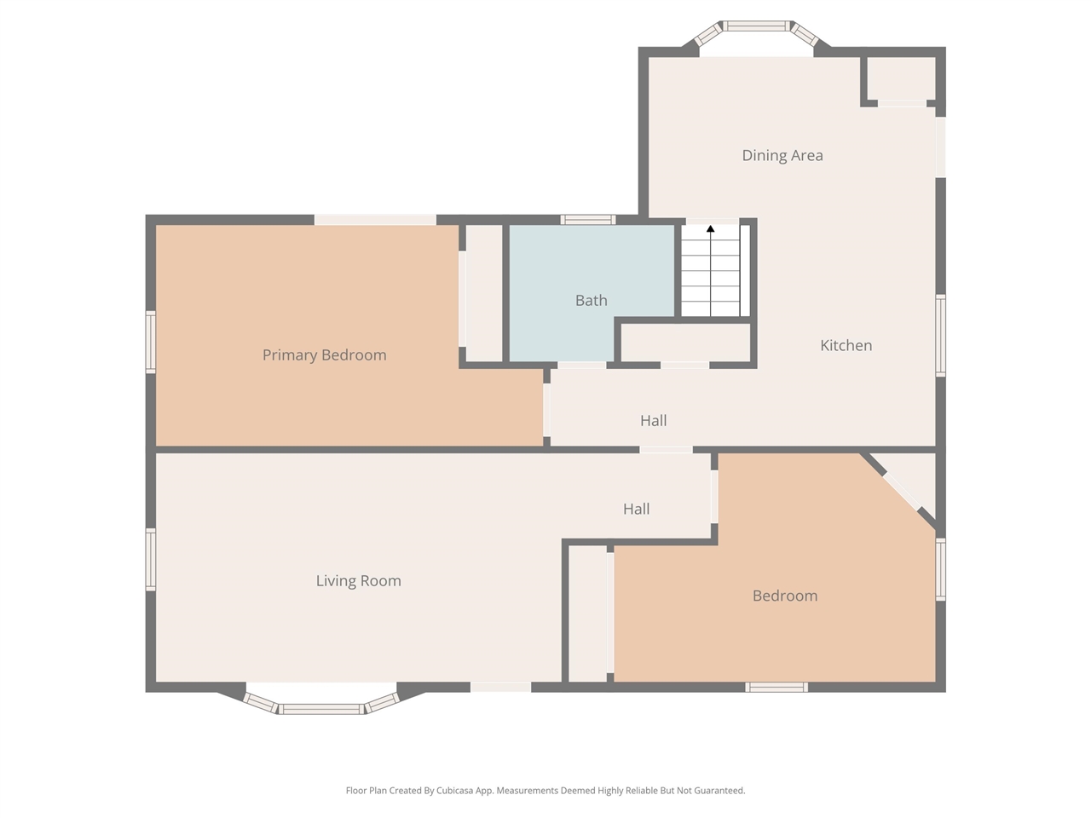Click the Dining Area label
tap(782, 155)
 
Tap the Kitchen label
tap(846, 345)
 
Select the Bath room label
tap(591, 300)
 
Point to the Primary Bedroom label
tap(324, 355)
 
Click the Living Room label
tap(358, 580)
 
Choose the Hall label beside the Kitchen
tap(653, 421)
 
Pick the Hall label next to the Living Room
tap(636, 509)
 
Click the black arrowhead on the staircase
tap(710, 228)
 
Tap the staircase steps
tap(710, 271)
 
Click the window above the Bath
tap(588, 220)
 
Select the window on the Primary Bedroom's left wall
tap(151, 342)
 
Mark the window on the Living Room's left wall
tap(151, 560)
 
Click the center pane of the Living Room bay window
tap(321, 709)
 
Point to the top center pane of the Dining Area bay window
tap(755, 26)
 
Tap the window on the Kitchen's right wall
tap(940, 336)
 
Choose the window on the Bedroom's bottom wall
tap(776, 688)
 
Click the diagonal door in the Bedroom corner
tap(902, 492)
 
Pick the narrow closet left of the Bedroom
tap(587, 613)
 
